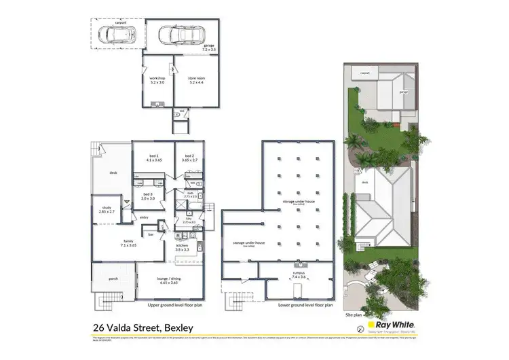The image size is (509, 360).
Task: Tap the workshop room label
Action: pyautogui.click(x=157, y=81)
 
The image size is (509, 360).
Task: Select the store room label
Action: pyautogui.click(x=198, y=81)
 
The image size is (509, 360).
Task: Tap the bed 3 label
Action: pyautogui.click(x=148, y=196)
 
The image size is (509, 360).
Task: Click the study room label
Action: pyautogui.click(x=107, y=211)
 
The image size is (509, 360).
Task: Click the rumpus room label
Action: pyautogui.click(x=298, y=276)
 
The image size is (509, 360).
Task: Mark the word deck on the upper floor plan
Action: pyautogui.click(x=113, y=173)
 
